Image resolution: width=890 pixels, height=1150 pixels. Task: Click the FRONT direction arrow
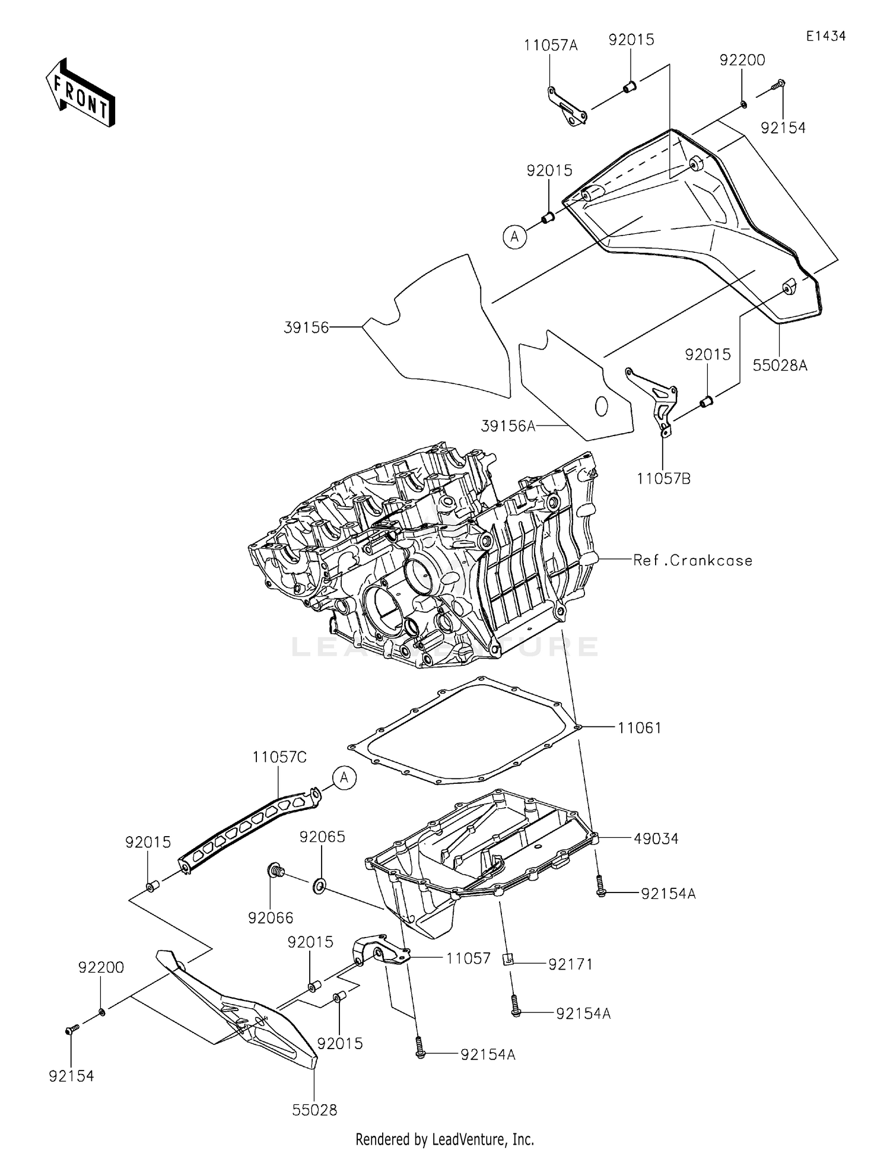[80, 93]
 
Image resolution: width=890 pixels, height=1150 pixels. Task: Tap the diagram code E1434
[825, 36]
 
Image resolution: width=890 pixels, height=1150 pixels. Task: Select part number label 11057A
[551, 45]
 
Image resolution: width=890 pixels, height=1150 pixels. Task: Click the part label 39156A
[508, 426]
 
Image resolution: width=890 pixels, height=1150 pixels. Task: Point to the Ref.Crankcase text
[692, 560]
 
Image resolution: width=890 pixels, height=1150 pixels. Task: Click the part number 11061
[639, 728]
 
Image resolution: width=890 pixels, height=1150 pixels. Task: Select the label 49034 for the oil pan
[656, 838]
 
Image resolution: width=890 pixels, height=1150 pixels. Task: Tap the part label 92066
[271, 918]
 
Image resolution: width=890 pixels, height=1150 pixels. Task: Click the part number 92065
[322, 837]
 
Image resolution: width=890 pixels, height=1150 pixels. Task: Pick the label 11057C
[279, 757]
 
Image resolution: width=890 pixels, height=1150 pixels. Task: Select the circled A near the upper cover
[514, 237]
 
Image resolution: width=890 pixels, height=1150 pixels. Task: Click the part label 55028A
[780, 366]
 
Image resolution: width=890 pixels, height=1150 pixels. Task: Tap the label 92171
[570, 964]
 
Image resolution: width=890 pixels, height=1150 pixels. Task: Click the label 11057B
[664, 478]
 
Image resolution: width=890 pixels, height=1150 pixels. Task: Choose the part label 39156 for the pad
[306, 327]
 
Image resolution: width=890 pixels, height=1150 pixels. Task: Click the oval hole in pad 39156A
[601, 406]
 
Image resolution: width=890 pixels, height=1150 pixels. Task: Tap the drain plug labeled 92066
[275, 871]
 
